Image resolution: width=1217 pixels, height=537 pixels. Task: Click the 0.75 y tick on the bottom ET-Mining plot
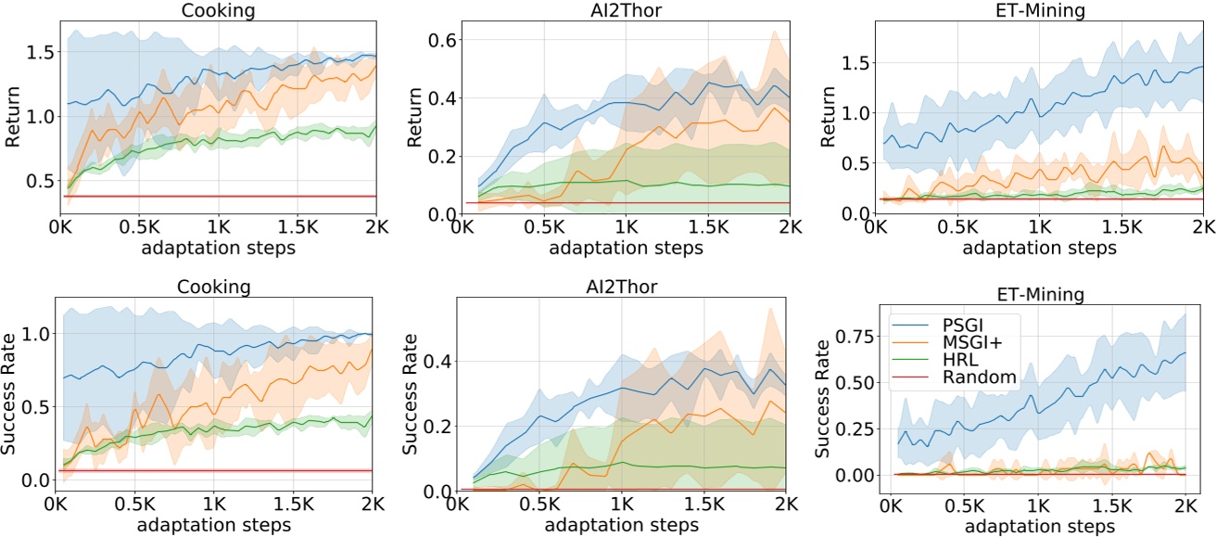pyautogui.click(x=853, y=338)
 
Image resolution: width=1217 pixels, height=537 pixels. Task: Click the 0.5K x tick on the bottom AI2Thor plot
pyautogui.click(x=539, y=506)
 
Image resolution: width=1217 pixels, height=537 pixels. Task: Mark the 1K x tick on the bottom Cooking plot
pyautogui.click(x=212, y=506)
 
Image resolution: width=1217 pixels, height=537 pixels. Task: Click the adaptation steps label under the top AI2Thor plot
pyautogui.click(x=626, y=249)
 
